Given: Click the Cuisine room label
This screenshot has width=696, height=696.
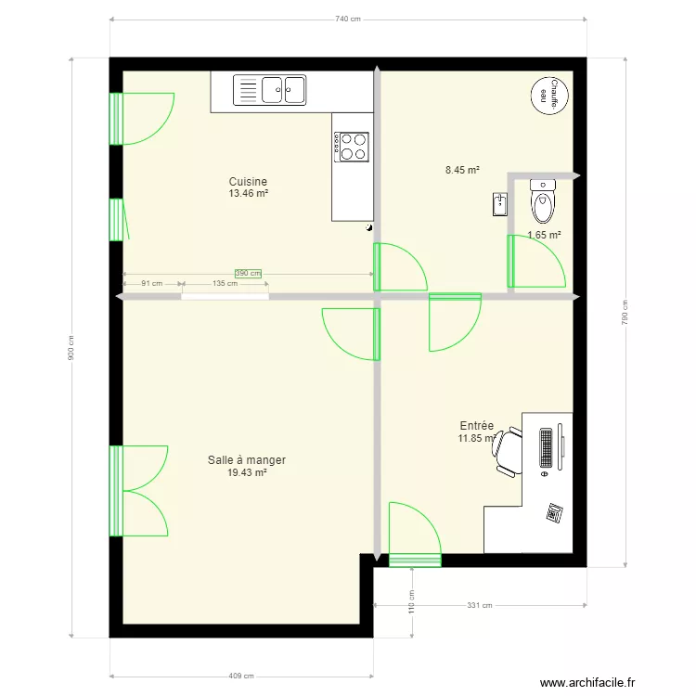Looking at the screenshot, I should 248,182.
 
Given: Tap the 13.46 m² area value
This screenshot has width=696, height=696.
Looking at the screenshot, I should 248,194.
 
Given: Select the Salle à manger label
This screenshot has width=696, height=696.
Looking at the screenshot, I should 247,460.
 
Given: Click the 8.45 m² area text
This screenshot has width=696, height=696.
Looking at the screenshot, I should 462,170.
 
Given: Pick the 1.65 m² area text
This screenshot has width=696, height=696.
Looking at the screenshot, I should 544,235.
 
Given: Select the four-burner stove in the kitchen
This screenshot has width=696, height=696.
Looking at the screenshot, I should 351,146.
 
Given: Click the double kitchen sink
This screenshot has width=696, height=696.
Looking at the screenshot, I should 283,90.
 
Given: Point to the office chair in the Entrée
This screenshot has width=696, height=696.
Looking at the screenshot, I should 508,451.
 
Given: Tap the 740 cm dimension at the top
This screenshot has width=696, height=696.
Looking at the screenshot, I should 347,19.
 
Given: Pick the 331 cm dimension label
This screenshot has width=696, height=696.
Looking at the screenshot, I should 479,605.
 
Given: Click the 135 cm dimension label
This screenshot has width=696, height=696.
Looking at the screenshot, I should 224,283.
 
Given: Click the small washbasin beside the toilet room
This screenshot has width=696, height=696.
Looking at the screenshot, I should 500,204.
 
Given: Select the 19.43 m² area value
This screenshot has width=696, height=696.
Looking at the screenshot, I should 247,472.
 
